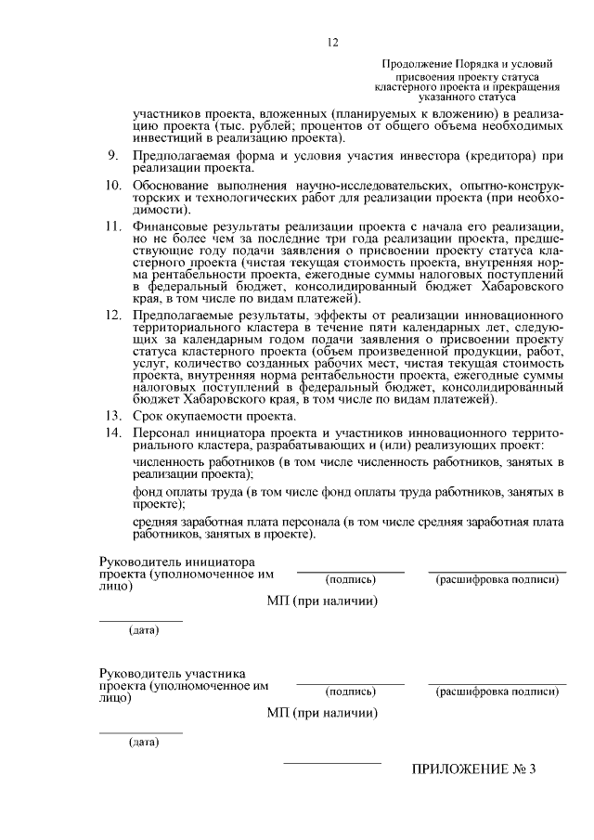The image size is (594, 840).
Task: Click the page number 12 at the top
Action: [x=333, y=42]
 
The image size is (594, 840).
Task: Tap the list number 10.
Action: [x=112, y=187]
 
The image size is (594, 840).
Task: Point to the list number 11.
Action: [x=112, y=227]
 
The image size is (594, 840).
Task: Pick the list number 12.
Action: [x=112, y=317]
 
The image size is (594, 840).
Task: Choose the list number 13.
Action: [x=112, y=417]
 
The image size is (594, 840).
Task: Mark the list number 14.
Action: [x=112, y=434]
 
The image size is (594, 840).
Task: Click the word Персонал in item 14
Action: [x=161, y=434]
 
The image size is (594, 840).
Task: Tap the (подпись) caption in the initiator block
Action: [x=350, y=580]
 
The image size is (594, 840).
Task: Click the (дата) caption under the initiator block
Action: [x=143, y=631]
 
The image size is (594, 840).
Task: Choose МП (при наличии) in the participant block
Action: [x=322, y=714]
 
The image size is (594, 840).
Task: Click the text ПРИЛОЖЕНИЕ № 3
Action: [x=474, y=770]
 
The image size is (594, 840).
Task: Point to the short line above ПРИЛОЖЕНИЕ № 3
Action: [x=331, y=763]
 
